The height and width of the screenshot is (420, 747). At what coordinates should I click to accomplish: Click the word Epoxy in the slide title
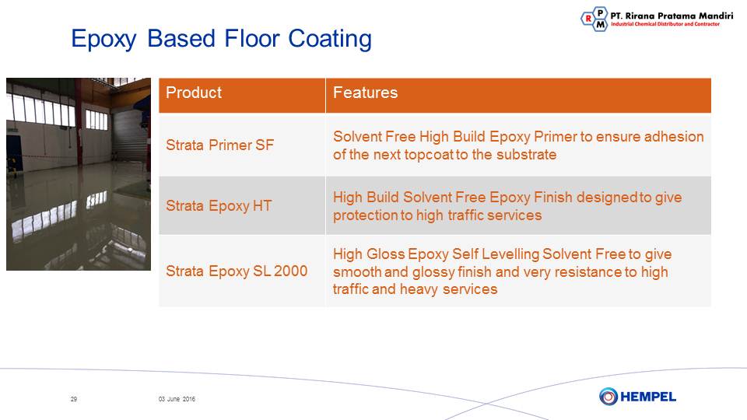point(103,40)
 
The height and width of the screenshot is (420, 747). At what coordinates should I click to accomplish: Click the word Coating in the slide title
point(330,39)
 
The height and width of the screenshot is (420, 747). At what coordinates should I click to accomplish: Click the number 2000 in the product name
point(290,271)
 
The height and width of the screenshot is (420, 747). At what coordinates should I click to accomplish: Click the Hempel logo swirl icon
point(608,396)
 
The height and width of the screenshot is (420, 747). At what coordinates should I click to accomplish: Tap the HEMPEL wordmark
point(648,397)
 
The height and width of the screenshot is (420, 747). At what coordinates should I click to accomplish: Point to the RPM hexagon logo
point(594,19)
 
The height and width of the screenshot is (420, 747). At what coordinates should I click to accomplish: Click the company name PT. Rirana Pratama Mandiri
point(672,16)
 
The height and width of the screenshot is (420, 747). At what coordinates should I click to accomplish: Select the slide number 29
point(74,399)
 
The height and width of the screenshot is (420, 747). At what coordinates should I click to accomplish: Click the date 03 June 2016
point(177,399)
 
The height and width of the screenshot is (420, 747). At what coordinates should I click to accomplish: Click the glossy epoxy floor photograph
point(79,173)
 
